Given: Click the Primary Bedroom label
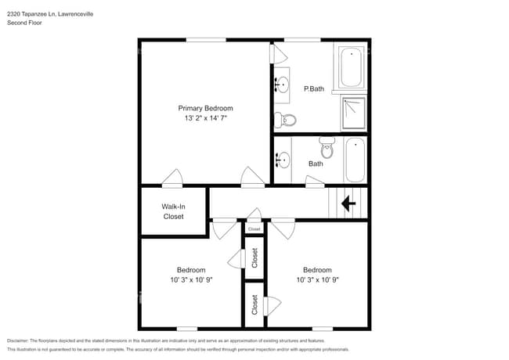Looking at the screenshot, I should point(205,108).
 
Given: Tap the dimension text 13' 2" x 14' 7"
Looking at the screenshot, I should point(205,118).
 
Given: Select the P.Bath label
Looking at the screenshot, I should point(313,88).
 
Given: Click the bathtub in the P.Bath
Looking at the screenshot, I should point(352,67).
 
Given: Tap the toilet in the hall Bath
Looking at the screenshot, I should point(327,147).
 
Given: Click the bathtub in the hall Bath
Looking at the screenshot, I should point(354,159).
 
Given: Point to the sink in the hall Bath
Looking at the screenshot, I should point(282,160).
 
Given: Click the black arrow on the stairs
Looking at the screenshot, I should point(348,204).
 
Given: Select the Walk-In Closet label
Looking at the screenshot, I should point(173,211).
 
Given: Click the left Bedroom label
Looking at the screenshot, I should point(190,269).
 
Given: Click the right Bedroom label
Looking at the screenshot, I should point(317,269).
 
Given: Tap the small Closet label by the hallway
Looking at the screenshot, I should point(254,229).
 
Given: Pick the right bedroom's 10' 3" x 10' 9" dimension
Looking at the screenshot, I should point(317,279).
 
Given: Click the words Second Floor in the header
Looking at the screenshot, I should point(24,23).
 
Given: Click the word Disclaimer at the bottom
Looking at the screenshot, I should point(21,341).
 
